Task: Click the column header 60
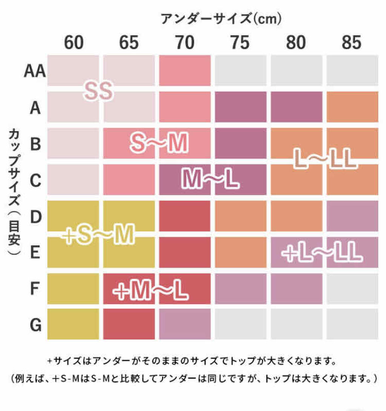coord(74,43)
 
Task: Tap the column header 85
coord(352,43)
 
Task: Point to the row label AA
coord(35,71)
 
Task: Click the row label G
coord(35,325)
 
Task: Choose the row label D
coord(35,216)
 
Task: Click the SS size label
coord(98,91)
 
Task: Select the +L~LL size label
coord(322,253)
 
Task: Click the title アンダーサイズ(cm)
coord(221,18)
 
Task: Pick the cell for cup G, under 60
coord(73,324)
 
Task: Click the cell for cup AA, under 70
coord(185,70)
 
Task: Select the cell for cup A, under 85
coord(352,107)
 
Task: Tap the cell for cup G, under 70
coord(185,324)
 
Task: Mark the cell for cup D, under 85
coord(352,216)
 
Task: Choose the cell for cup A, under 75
coord(240,107)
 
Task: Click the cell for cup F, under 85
coord(352,289)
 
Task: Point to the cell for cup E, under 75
coord(240,252)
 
